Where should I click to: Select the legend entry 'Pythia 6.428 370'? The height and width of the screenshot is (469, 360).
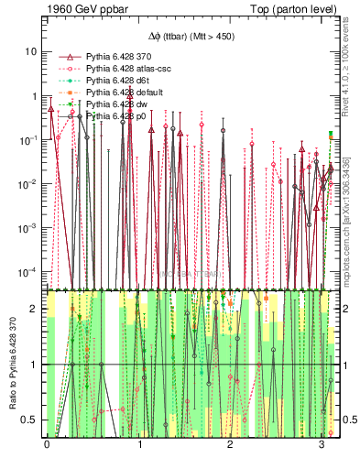117,58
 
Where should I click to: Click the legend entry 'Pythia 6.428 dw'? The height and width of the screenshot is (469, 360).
114,105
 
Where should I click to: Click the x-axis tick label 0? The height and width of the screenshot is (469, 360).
47,445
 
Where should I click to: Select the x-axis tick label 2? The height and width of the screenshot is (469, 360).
231,445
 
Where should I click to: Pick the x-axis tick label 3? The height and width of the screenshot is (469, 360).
322,445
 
